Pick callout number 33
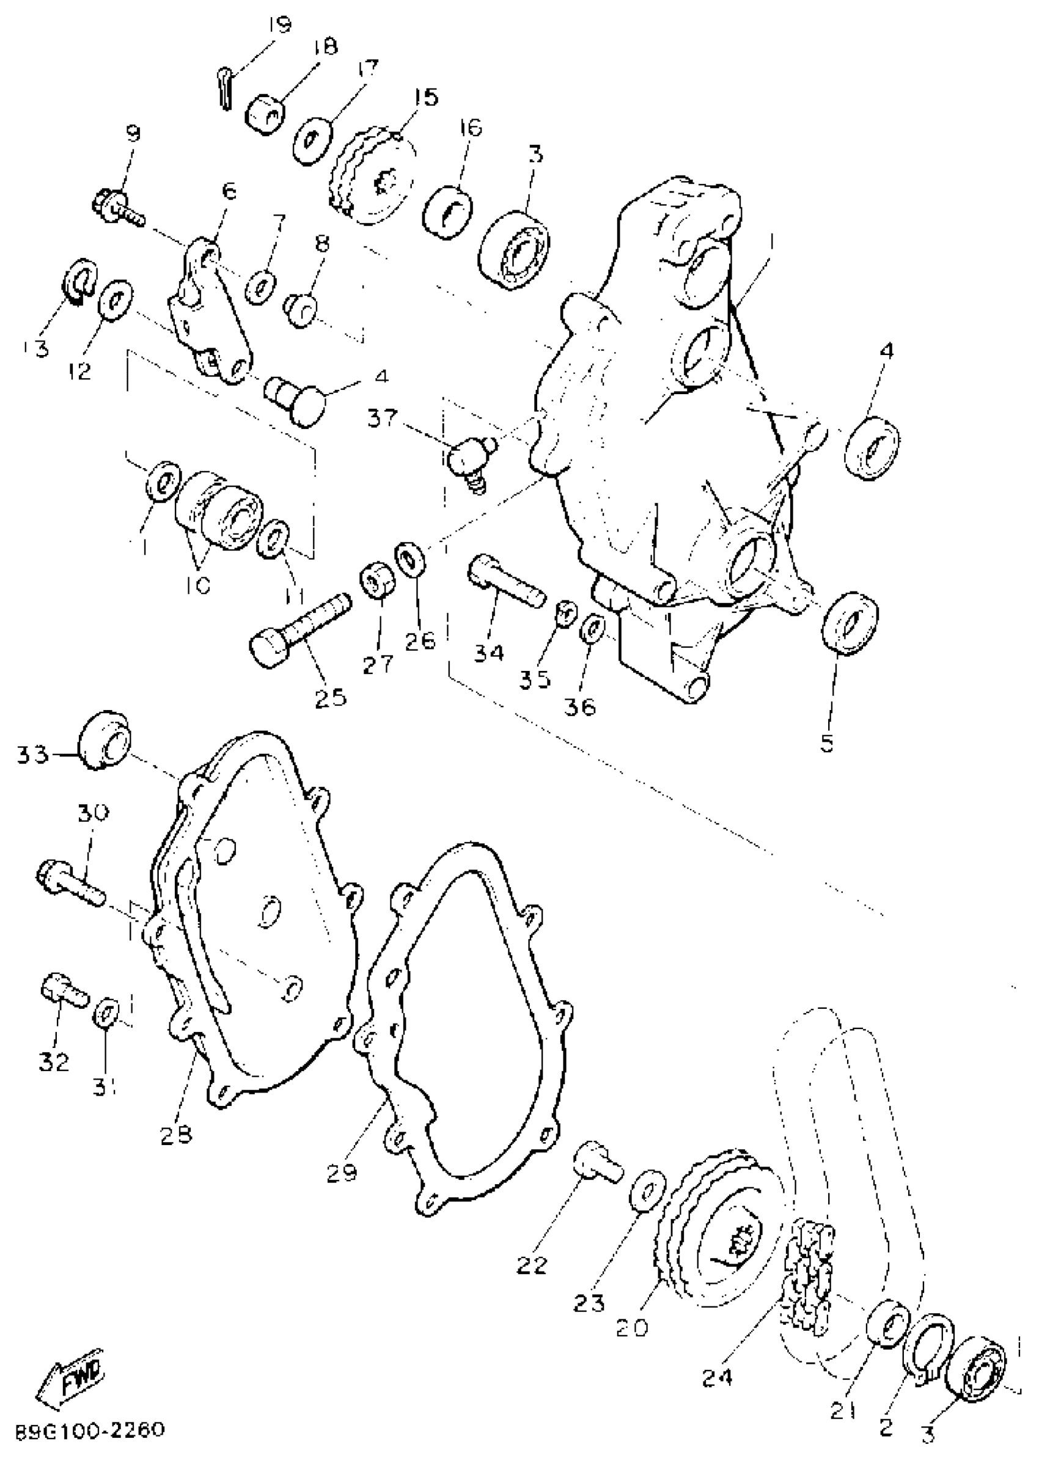(32, 755)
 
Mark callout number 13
(35, 349)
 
